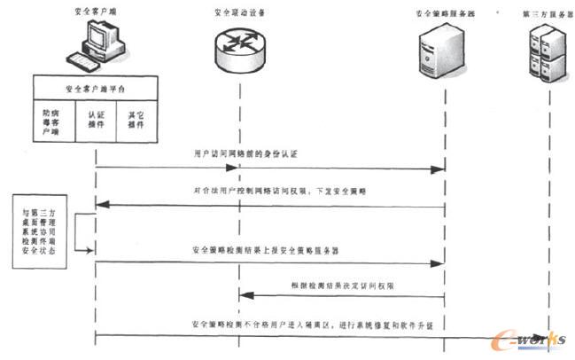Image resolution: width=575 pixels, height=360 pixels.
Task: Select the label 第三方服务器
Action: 543,15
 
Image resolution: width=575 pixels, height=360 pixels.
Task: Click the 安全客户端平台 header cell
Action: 96,90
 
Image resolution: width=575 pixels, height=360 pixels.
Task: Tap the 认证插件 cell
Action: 96,120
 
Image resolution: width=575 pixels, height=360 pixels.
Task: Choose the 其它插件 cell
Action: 136,120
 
